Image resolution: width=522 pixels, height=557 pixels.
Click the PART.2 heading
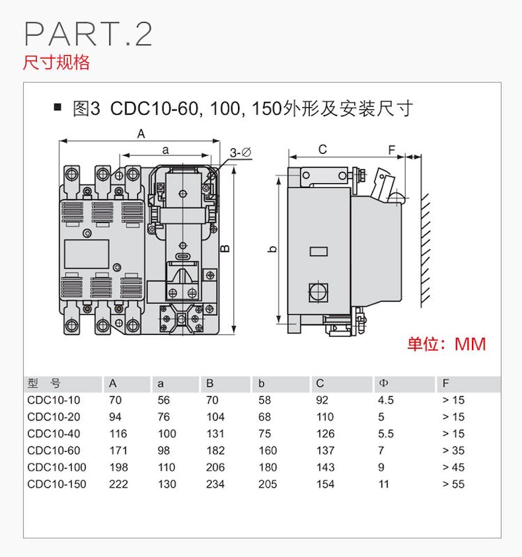[88, 33]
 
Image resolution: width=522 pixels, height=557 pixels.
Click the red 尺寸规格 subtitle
[56, 62]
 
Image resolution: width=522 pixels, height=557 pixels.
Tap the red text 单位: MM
[447, 344]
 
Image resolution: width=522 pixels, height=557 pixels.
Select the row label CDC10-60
[54, 450]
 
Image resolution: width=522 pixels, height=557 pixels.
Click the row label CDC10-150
[56, 484]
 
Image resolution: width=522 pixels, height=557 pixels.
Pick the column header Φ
[383, 383]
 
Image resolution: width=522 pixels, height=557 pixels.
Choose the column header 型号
[44, 384]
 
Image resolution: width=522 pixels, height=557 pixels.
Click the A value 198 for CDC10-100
[118, 467]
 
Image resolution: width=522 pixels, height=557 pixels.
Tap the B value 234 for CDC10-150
[215, 484]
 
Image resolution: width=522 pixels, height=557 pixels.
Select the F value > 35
[454, 450]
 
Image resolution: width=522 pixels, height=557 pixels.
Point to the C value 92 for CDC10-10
[322, 400]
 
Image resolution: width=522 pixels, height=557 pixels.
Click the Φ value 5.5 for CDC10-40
[386, 434]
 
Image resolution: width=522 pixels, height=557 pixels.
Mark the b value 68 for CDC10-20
[264, 416]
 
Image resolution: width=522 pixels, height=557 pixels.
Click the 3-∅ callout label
[240, 152]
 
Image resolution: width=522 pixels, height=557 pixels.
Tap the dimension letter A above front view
[141, 134]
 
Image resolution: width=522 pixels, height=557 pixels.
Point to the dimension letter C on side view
[322, 149]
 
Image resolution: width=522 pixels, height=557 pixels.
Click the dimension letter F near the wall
[392, 150]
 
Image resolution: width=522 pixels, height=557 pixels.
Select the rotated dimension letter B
[225, 249]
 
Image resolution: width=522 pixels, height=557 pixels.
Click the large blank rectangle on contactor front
[86, 253]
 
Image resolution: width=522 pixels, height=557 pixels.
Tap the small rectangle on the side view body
[319, 251]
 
